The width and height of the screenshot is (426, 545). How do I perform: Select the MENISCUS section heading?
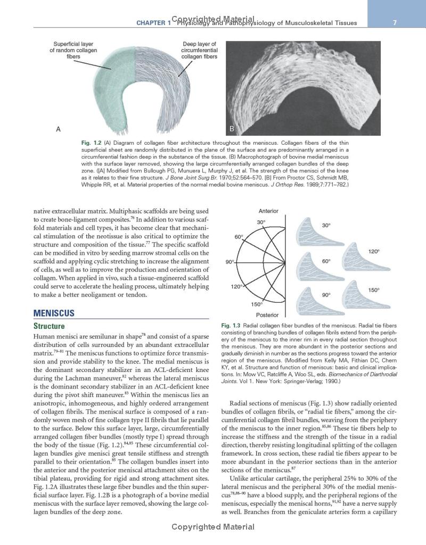click(x=54, y=313)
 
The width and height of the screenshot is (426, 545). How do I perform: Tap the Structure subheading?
click(x=49, y=326)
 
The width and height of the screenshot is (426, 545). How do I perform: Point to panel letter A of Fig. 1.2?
click(x=58, y=129)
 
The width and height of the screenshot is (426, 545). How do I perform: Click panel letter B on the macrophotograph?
click(x=232, y=129)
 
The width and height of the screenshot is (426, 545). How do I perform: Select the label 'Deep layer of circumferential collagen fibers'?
click(x=199, y=50)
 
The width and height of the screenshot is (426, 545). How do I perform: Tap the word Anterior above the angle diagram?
click(x=268, y=211)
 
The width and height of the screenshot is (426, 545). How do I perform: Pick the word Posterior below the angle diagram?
click(x=267, y=315)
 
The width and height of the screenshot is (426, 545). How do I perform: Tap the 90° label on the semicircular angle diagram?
click(x=230, y=262)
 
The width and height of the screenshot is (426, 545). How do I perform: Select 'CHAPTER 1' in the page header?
click(x=154, y=23)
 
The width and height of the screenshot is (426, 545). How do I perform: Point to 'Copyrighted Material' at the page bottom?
click(x=212, y=527)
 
